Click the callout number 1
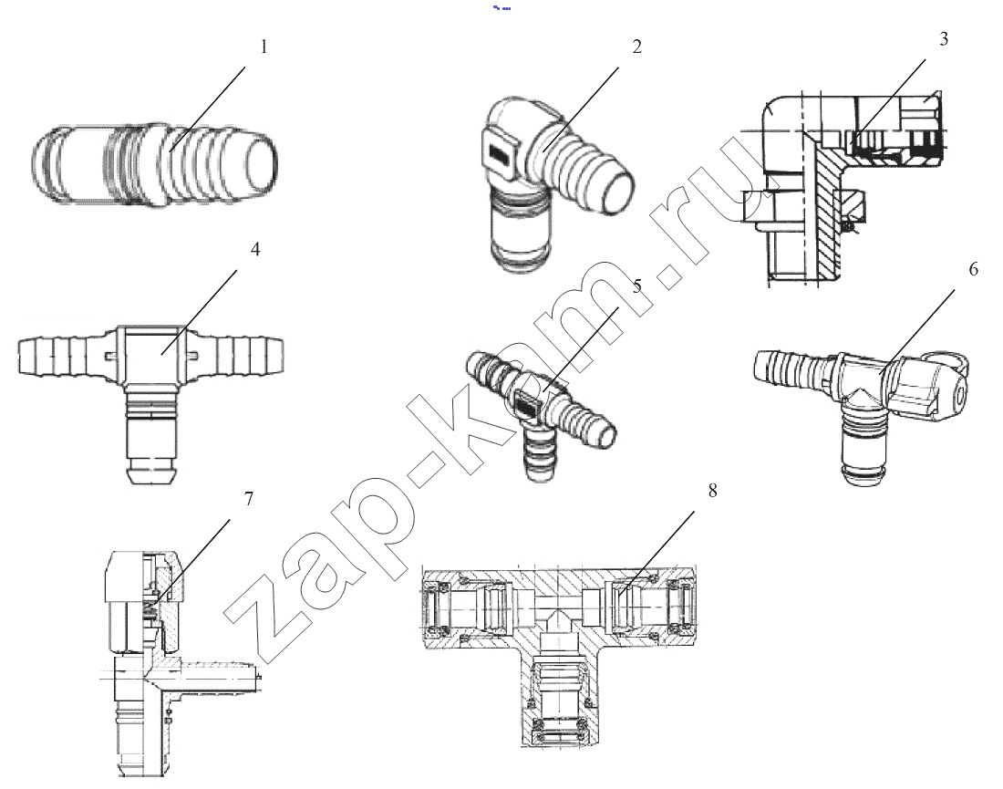(x=264, y=47)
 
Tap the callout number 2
(x=636, y=47)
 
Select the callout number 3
(x=944, y=39)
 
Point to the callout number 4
(x=255, y=250)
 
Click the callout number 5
(x=637, y=286)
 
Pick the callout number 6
(x=974, y=269)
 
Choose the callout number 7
(x=249, y=499)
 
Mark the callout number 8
(x=713, y=491)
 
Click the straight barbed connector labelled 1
(x=155, y=164)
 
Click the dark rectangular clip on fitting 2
(x=500, y=154)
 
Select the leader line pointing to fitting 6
(x=916, y=330)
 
